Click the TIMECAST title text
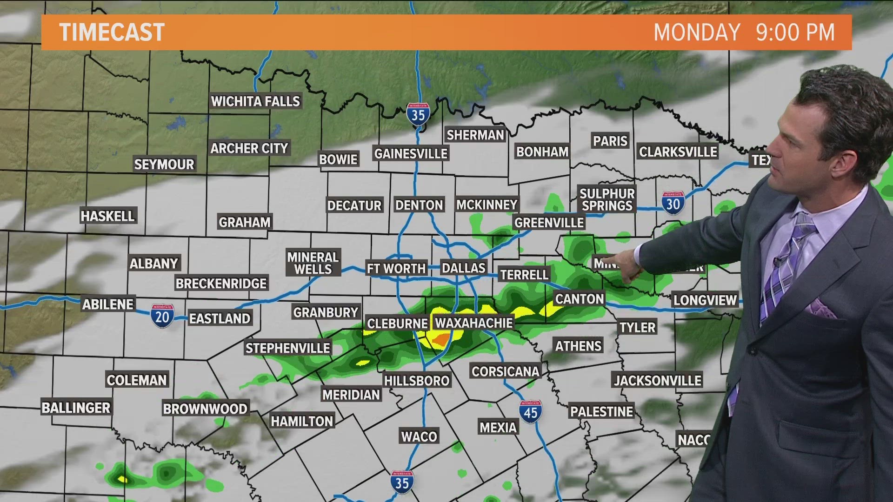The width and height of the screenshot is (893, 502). point(112,33)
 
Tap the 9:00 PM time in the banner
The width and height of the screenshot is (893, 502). point(795,33)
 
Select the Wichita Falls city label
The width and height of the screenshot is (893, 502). point(255,101)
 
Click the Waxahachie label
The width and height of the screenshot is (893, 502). point(473,323)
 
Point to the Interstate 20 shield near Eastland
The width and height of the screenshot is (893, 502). point(162,317)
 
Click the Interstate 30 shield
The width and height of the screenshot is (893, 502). point(673,203)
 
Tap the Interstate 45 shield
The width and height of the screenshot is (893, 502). point(530,412)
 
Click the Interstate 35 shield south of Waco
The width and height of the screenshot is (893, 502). point(402,482)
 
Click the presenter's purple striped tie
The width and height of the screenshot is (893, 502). point(786,270)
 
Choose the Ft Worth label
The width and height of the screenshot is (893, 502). point(396,269)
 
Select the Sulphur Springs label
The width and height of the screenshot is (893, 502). point(607,200)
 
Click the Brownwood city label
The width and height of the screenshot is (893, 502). point(205,409)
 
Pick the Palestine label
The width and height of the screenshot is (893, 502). point(601,412)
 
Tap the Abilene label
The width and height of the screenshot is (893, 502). point(108,304)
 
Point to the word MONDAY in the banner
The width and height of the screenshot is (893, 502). point(697,33)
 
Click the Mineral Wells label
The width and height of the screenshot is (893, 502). point(313,263)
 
